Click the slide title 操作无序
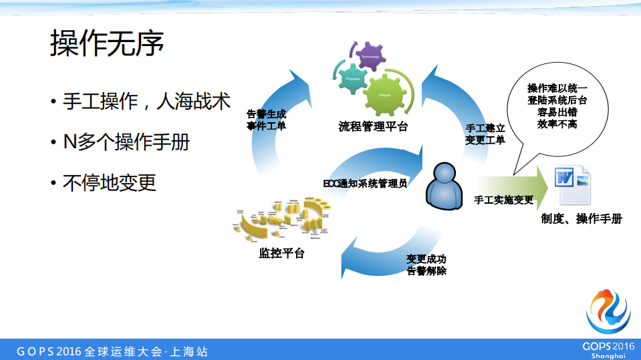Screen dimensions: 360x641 pyautogui.click(x=107, y=43)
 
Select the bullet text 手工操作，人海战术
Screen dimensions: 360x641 pyautogui.click(x=147, y=102)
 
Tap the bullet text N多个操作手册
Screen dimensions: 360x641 pyautogui.click(x=126, y=142)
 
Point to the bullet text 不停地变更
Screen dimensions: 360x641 pyautogui.click(x=110, y=182)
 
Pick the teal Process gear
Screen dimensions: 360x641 pyautogui.click(x=352, y=79)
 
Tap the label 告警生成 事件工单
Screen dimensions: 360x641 pyautogui.click(x=266, y=120)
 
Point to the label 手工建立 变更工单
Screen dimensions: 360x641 pyautogui.click(x=485, y=133)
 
